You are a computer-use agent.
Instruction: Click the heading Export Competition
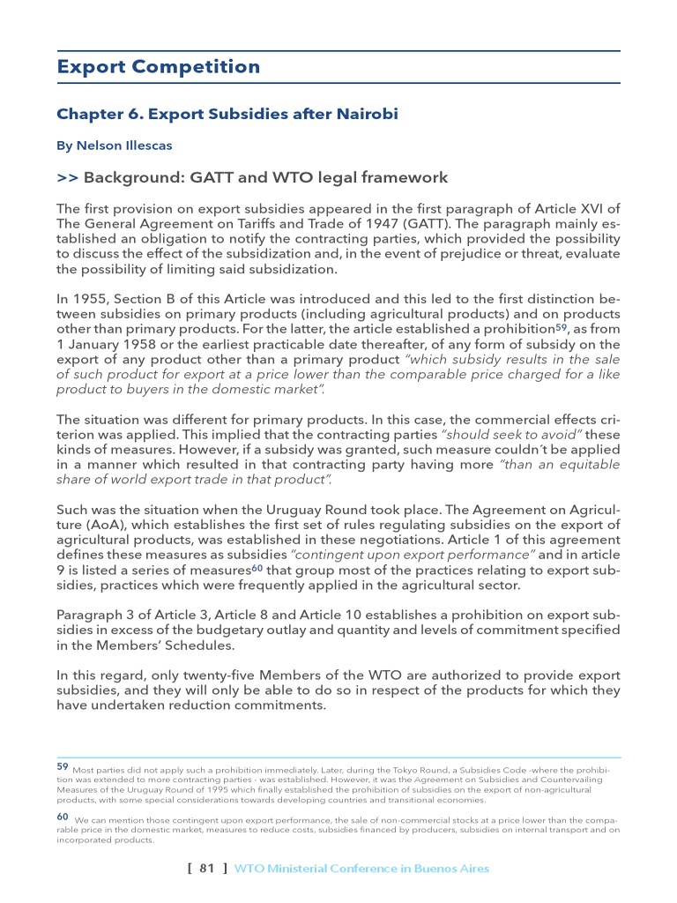click(159, 67)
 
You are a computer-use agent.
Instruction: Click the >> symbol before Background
click(67, 178)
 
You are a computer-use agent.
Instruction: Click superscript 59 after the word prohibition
click(560, 327)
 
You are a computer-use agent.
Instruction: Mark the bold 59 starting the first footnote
click(63, 766)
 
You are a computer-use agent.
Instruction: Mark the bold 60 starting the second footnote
click(63, 817)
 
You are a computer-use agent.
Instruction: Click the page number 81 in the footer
click(207, 869)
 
